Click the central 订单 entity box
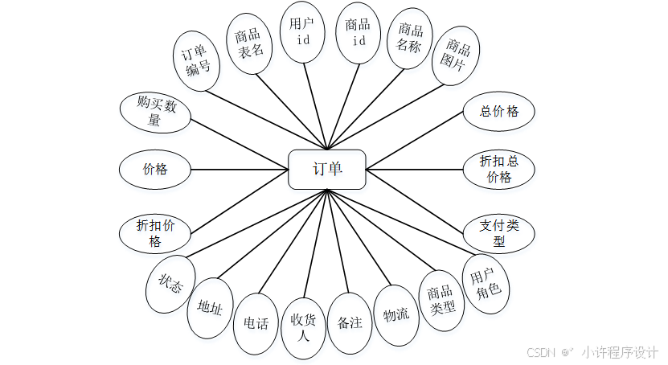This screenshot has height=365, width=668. click(327, 170)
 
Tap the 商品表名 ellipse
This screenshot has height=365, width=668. click(249, 43)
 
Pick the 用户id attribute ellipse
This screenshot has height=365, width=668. click(303, 32)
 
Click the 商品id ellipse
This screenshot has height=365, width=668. click(358, 33)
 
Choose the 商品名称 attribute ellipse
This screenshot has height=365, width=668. click(410, 38)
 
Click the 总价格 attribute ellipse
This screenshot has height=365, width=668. click(499, 112)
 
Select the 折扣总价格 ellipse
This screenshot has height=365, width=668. click(499, 169)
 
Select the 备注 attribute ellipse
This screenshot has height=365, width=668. click(350, 323)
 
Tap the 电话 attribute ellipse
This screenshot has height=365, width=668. click(256, 323)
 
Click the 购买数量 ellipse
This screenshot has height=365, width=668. click(155, 112)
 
